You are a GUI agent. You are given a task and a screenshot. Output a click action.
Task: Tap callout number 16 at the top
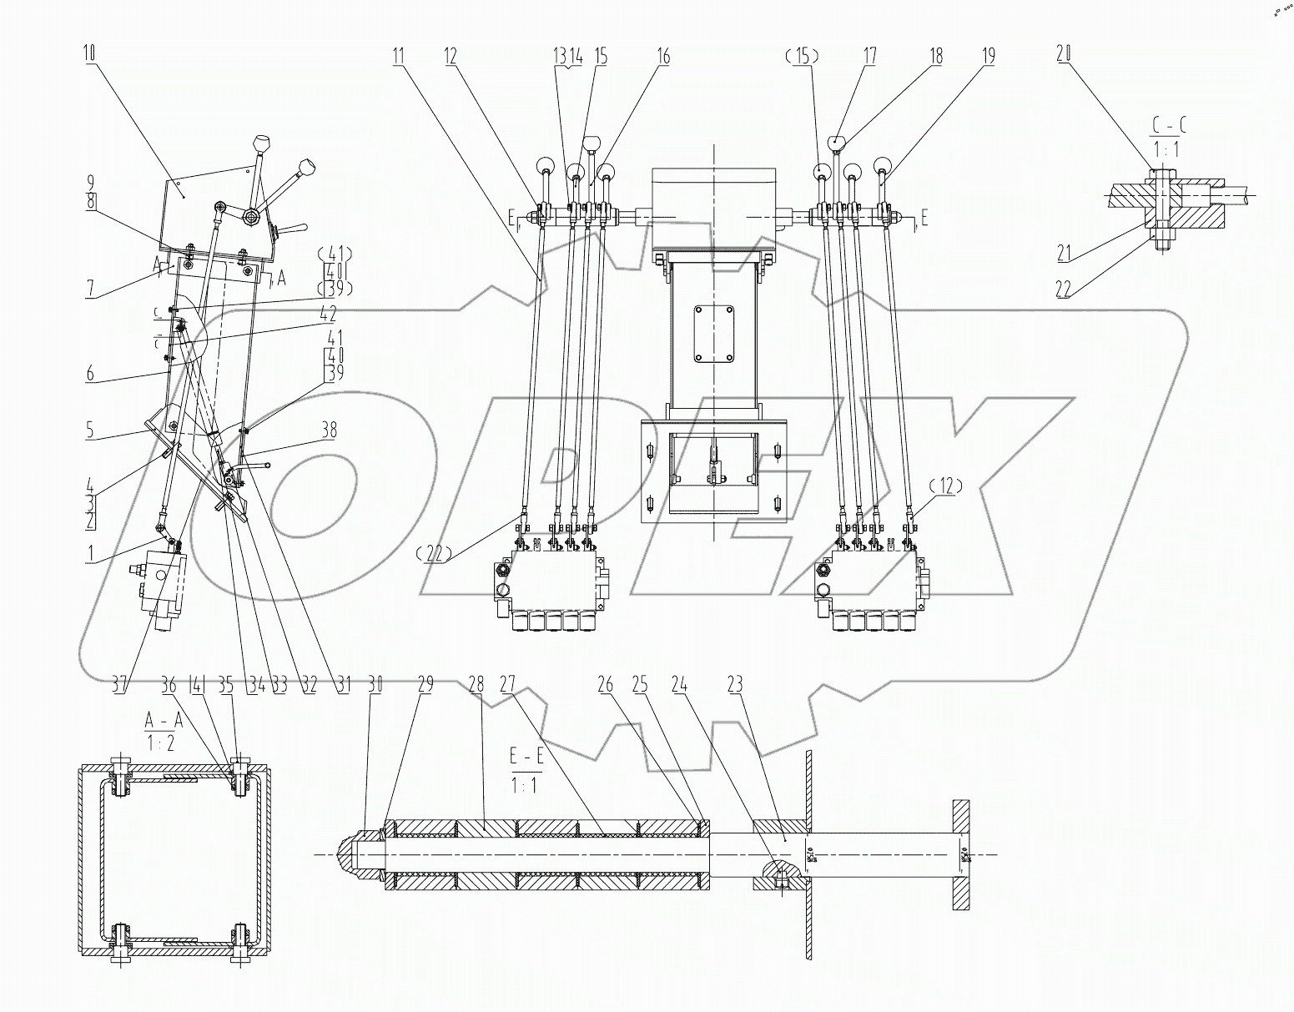click(x=663, y=57)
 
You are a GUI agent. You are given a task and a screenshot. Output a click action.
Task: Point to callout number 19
click(x=988, y=57)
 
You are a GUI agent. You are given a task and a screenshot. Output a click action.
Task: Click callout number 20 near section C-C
click(x=1063, y=55)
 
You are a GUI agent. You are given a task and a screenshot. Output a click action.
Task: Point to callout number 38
click(x=330, y=430)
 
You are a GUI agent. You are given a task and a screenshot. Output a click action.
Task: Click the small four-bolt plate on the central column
click(x=714, y=335)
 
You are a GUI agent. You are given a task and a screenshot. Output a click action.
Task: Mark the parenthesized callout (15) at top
click(x=801, y=57)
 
